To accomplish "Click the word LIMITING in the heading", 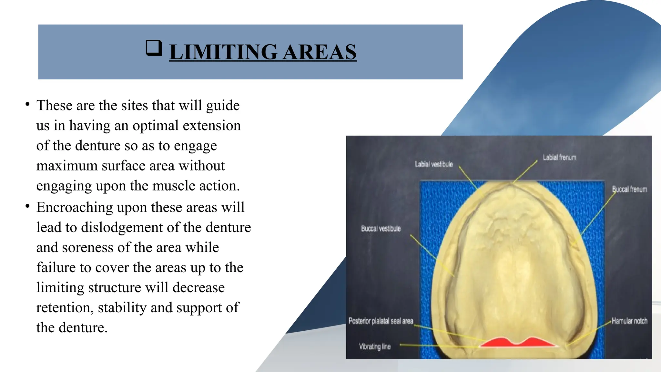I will pos(223,52).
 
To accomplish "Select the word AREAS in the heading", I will pos(320,52).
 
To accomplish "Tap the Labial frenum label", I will pos(559,158).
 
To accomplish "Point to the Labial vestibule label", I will pos(434,164).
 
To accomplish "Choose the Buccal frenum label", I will pos(630,189).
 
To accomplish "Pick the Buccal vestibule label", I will pos(381,229).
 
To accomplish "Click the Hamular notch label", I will pos(629,321).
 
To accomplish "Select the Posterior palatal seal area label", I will pos(381,321).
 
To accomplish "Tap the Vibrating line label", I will pos(375,346).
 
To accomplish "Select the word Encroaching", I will pos(75,207).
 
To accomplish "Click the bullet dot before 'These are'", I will pos(28,104).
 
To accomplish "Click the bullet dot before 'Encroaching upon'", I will pos(28,206).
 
